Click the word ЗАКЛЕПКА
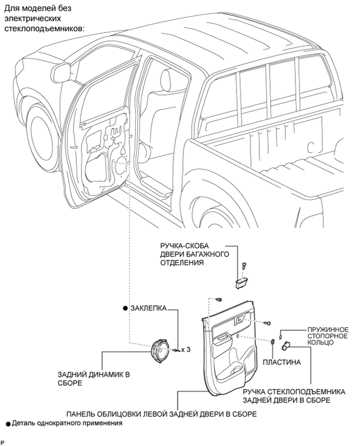point(148,308)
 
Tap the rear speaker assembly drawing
point(160,351)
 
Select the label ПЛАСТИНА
point(282,362)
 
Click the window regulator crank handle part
point(285,346)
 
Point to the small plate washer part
point(273,342)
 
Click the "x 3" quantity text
point(186,349)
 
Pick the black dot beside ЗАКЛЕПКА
point(125,309)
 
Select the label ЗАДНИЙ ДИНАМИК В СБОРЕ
point(94,379)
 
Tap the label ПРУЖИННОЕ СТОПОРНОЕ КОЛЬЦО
point(328,336)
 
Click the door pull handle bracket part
point(242,283)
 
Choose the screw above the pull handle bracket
point(244,266)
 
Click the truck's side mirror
point(61,72)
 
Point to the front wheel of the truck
point(43,136)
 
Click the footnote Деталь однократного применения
point(67,423)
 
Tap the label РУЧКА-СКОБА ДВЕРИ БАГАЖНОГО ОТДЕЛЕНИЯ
point(195,254)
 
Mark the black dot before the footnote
point(8,424)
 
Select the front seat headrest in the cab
point(166,79)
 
